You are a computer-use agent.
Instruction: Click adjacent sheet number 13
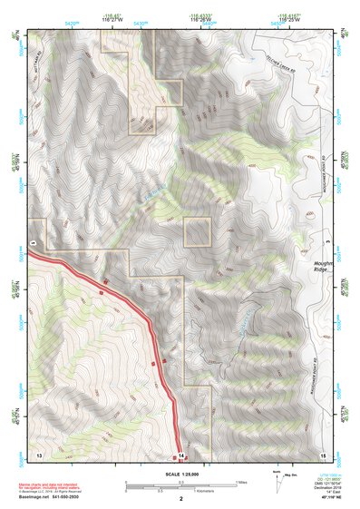click(x=38, y=452)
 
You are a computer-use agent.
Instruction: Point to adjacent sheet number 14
click(x=180, y=453)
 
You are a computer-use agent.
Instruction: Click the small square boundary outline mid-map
click(x=198, y=232)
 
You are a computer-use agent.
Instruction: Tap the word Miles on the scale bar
click(x=240, y=482)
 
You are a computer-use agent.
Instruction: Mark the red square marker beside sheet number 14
click(x=189, y=452)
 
